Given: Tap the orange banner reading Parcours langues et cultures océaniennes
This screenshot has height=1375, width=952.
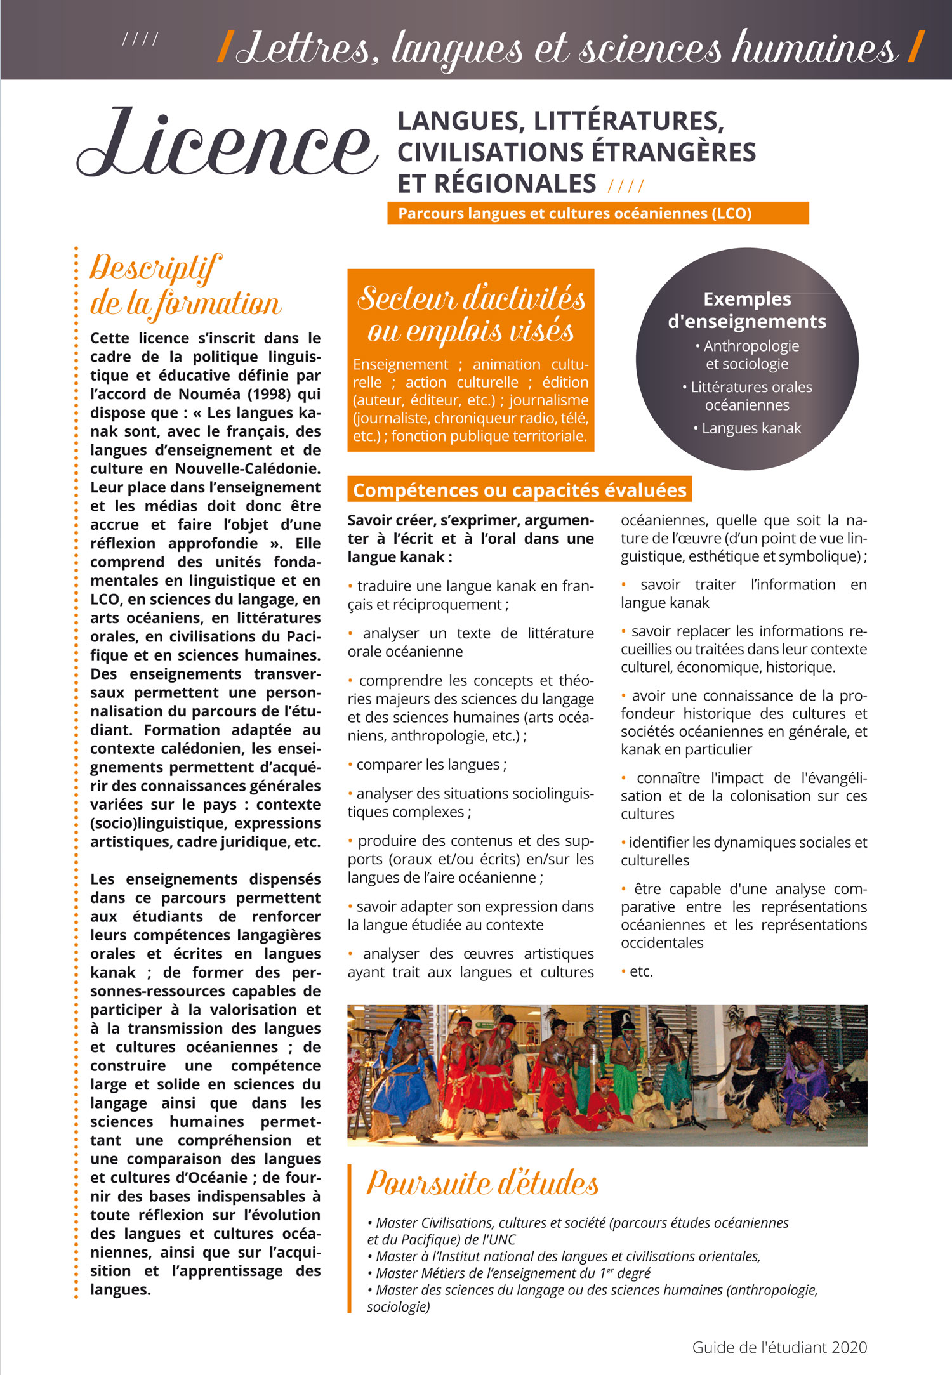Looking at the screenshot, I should point(574,213).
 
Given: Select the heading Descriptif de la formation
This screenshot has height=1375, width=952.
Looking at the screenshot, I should point(185,286).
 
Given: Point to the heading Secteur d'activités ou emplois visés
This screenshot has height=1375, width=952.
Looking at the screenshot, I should point(471,315).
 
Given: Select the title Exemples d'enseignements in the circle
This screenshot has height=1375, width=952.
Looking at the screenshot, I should point(747,310).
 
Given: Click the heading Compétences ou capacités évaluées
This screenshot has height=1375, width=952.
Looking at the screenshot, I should point(519,490).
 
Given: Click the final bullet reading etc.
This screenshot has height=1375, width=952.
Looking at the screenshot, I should point(640,971).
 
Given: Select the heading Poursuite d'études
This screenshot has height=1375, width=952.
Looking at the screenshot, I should point(482,1183).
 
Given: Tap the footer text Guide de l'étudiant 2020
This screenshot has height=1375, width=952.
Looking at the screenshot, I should point(779,1347).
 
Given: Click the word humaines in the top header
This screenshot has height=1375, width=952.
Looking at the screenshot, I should point(814,48).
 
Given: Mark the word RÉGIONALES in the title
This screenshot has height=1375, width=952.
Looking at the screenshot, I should point(497,184).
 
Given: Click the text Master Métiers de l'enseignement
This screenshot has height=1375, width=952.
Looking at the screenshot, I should point(486,1273).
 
